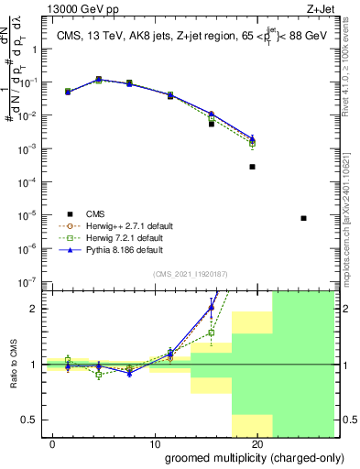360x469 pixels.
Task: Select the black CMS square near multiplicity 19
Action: (x=252, y=167)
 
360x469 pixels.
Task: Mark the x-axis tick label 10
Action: (x=157, y=443)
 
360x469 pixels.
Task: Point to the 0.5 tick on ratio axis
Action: (x=34, y=420)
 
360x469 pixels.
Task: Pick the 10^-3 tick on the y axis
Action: (x=31, y=148)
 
